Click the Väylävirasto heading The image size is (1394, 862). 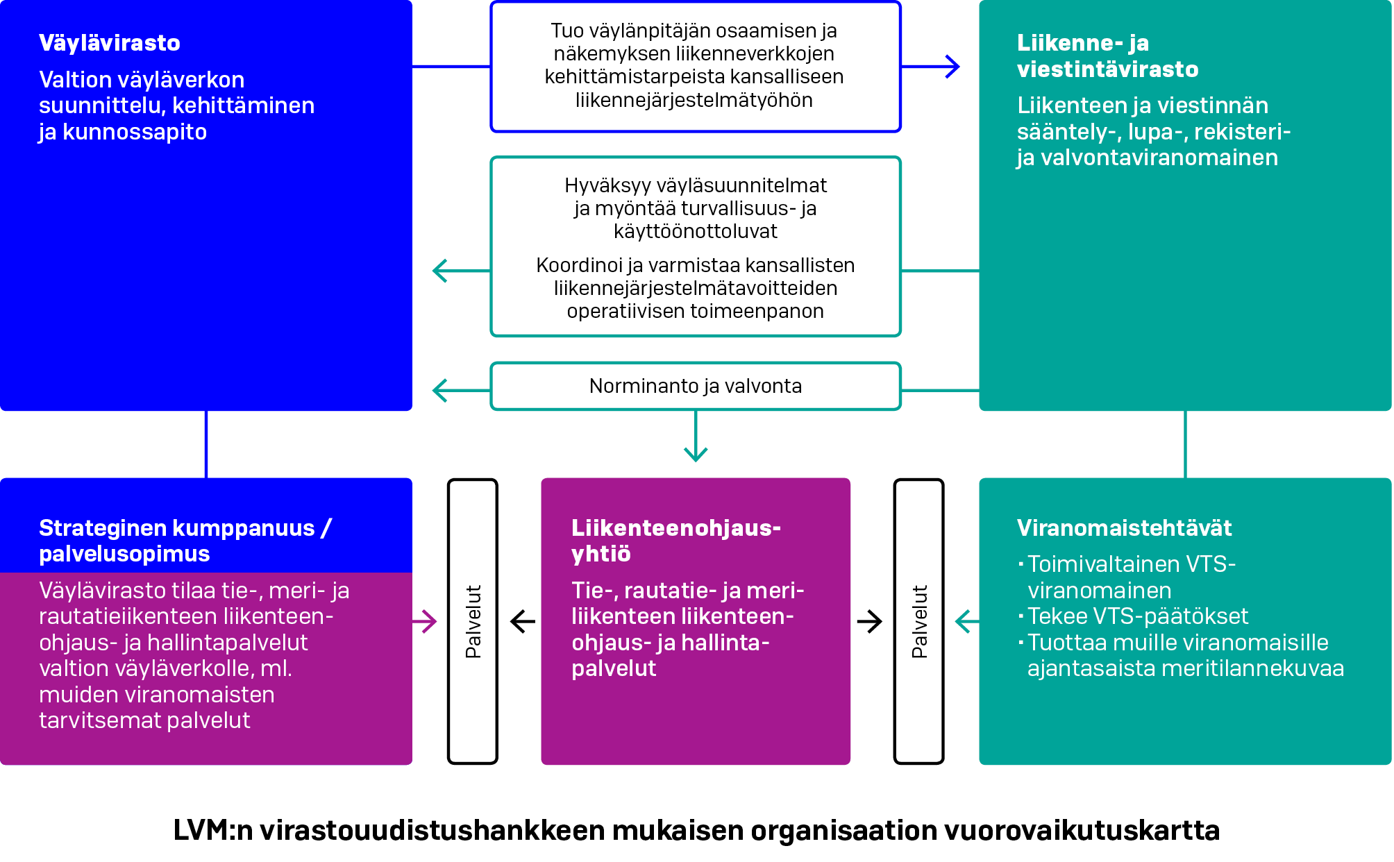tap(110, 43)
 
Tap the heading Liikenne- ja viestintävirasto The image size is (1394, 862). tap(1107, 56)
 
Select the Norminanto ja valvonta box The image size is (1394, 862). tap(695, 386)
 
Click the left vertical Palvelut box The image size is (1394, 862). tap(473, 621)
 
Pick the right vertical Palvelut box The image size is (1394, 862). tap(918, 621)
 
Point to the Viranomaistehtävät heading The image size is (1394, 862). tap(1124, 528)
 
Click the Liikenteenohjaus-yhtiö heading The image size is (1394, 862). tap(675, 541)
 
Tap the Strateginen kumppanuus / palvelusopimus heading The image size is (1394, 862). tap(185, 541)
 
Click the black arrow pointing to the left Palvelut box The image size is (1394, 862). tap(522, 621)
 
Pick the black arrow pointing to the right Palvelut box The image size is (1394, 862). tap(870, 621)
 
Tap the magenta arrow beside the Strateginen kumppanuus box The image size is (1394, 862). tap(425, 621)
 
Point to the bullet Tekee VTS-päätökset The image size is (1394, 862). tap(1137, 616)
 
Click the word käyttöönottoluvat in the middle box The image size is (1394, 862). tap(695, 231)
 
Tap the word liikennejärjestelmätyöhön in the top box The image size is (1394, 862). tap(694, 100)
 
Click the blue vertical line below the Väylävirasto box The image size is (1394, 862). tap(206, 444)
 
